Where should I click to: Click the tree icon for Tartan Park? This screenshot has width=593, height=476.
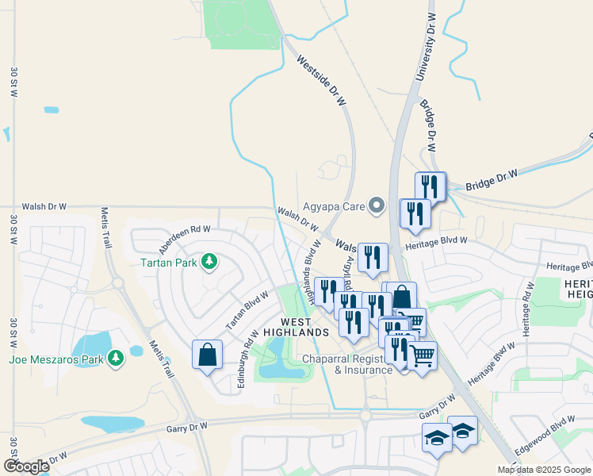pos(209,261)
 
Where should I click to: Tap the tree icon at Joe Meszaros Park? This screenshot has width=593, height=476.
pos(117,359)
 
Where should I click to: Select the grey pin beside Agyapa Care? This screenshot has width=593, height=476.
pos(377,207)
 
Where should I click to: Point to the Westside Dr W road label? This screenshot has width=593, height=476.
pos(321,80)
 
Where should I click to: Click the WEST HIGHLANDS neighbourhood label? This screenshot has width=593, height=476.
pos(295,326)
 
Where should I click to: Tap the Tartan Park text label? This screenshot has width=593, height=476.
pos(169,262)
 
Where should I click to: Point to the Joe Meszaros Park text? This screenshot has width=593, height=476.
pos(56,359)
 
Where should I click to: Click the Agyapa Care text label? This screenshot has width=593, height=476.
pos(335,207)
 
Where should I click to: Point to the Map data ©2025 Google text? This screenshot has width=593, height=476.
pos(545,470)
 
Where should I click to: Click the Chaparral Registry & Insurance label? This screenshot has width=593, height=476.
pos(350,364)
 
